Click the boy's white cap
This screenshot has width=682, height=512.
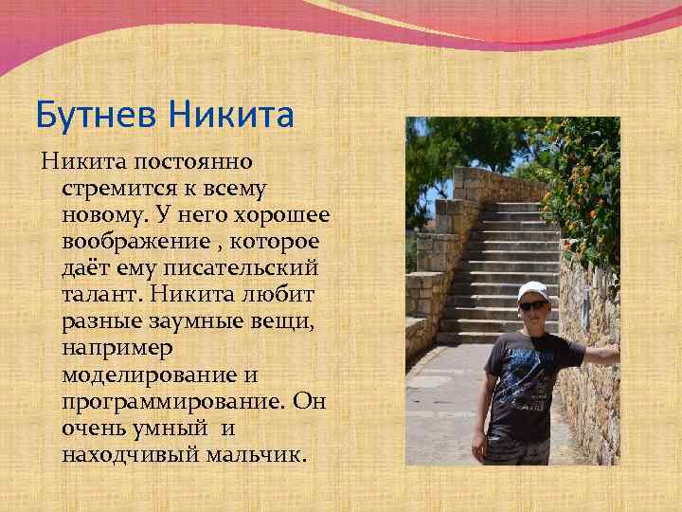533,290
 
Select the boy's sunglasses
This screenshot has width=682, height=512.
533,304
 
